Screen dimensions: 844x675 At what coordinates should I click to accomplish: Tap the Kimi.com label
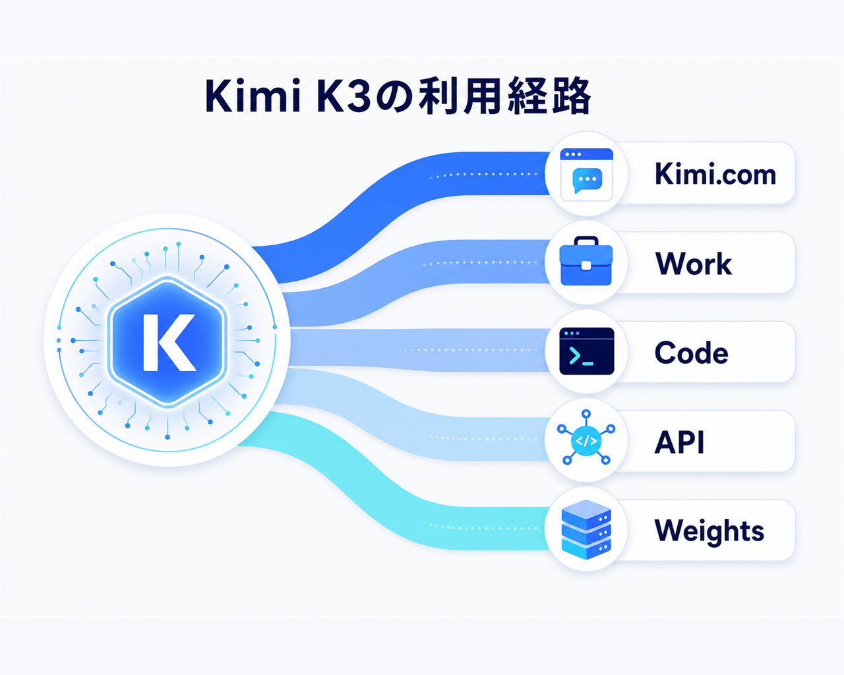point(715,174)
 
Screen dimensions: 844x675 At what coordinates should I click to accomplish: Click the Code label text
point(692,353)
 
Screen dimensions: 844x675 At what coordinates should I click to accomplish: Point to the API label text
point(679,442)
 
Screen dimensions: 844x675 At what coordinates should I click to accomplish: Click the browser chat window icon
point(586,175)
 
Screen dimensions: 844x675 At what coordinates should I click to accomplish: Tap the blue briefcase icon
point(586,260)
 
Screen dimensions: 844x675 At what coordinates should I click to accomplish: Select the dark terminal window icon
point(586,351)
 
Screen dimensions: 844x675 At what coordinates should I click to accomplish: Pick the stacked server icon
point(586,529)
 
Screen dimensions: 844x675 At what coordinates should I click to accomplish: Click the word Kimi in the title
point(253,96)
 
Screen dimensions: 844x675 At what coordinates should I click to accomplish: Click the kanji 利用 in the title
point(460,96)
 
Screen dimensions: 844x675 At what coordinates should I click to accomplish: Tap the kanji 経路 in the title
point(549,96)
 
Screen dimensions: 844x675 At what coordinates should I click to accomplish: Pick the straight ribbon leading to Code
point(419,350)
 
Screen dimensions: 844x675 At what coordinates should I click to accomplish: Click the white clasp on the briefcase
point(586,266)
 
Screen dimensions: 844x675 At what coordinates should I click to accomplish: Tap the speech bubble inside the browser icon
point(587,180)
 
